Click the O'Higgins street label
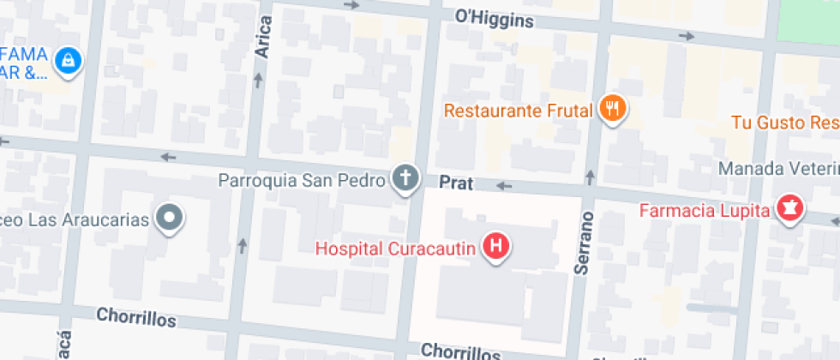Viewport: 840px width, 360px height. coord(495,18)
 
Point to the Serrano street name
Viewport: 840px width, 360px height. coord(584,243)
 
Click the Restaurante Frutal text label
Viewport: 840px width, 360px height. coord(519,111)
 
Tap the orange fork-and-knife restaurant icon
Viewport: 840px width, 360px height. coord(611,108)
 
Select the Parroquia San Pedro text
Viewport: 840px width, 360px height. coord(302,181)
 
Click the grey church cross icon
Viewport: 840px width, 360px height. coord(405,179)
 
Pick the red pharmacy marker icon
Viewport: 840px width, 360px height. coord(789,207)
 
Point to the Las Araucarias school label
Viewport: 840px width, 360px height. coord(75,219)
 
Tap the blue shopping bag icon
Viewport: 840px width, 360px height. coord(67,60)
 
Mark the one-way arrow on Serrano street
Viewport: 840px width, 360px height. coord(590,177)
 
